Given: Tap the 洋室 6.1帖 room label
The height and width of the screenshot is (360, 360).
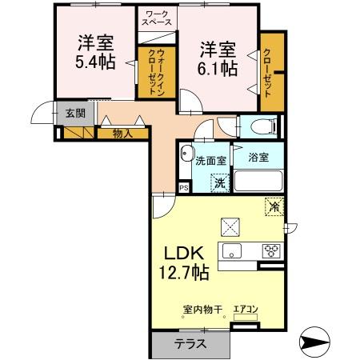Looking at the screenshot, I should click(218, 58).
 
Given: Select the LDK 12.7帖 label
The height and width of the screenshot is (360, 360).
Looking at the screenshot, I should click(182, 260).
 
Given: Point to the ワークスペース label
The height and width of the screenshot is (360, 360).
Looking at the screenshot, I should click(157, 18).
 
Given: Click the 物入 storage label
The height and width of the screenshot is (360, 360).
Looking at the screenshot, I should click(122, 134).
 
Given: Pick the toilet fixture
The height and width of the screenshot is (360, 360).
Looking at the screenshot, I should click(260, 126).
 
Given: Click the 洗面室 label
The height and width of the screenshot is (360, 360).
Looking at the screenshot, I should click(211, 160).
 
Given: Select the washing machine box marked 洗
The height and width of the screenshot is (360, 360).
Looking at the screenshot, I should click(219, 182).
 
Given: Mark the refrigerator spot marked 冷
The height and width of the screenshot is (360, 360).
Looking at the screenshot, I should click(273, 206).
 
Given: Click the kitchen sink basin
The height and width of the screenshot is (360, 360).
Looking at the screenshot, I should click(235, 251).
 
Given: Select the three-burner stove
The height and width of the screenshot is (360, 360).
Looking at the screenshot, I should click(270, 250).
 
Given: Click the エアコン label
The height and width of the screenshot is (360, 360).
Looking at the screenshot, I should click(244, 310).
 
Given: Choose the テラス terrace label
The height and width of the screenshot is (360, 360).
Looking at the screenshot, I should click(190, 345).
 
